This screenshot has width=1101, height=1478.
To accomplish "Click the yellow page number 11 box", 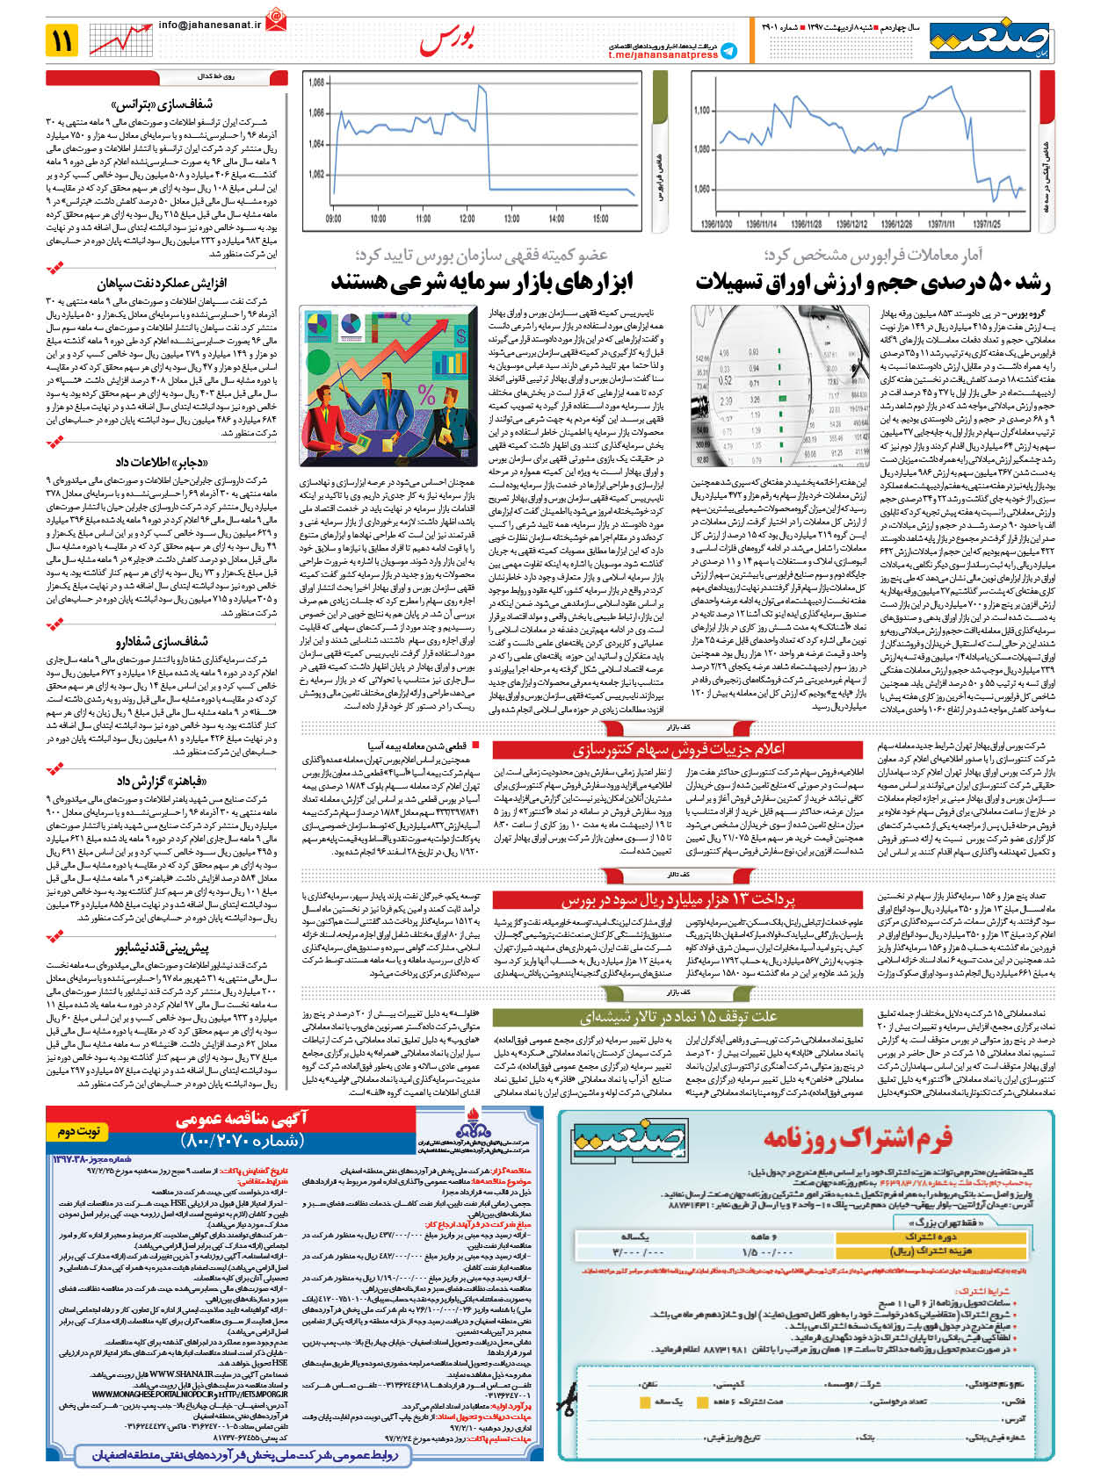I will [x=62, y=40].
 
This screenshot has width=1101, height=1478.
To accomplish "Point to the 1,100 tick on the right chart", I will [x=701, y=111].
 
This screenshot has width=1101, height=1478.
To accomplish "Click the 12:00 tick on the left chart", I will [x=467, y=219].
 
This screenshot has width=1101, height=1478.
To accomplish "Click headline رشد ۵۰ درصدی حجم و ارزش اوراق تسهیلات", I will [x=873, y=283].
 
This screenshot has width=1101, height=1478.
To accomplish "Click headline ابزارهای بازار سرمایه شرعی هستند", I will [x=482, y=283].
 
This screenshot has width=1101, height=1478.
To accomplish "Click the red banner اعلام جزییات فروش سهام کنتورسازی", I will [x=678, y=749].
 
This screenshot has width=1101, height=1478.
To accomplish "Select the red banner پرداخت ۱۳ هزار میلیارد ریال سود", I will [x=678, y=899].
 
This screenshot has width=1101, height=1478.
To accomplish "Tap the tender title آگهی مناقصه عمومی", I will [x=242, y=1120].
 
